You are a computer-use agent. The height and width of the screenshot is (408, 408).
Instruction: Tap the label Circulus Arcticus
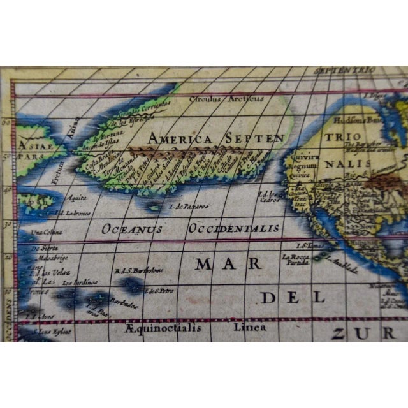tap(226, 99)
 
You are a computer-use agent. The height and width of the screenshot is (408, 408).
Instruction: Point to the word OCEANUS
tap(132, 228)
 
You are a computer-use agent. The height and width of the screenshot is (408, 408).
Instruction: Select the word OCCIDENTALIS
tap(233, 228)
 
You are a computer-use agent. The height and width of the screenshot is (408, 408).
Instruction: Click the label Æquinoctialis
tap(164, 328)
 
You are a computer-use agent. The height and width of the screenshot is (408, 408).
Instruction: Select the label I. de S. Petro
tap(160, 291)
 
